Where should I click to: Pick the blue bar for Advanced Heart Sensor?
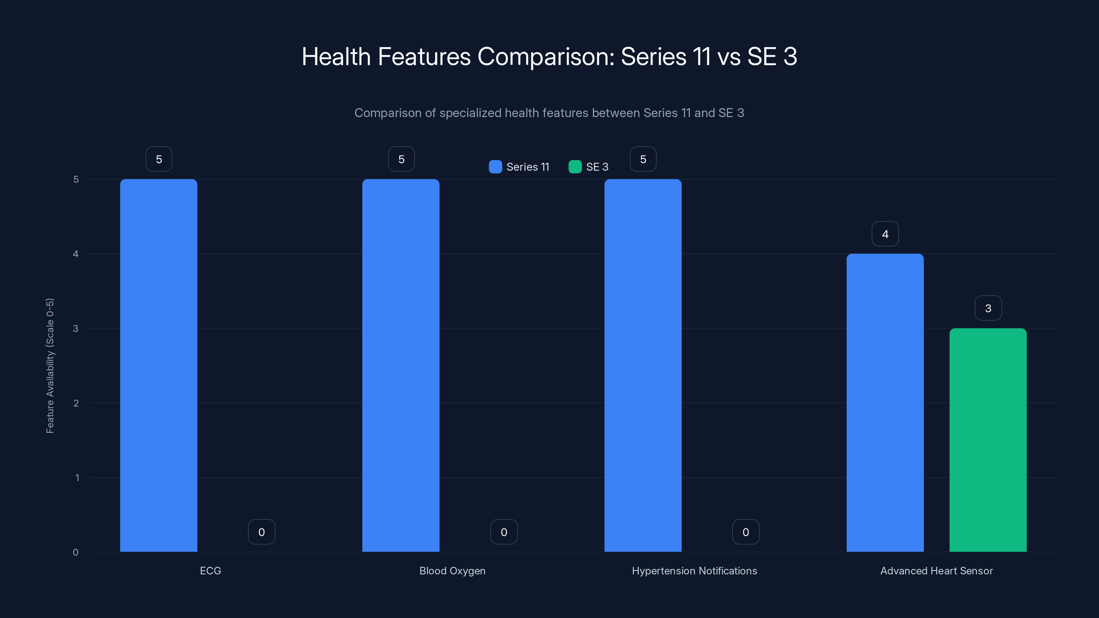click(x=885, y=403)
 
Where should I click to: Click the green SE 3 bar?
click(x=988, y=440)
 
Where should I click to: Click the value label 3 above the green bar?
click(x=988, y=308)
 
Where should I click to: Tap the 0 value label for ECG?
click(x=261, y=532)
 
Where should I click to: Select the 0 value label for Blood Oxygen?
click(x=504, y=532)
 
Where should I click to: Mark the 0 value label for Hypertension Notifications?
click(x=746, y=532)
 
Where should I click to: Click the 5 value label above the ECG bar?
click(x=159, y=159)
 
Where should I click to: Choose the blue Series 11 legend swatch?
click(x=495, y=167)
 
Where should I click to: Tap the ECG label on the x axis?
click(x=210, y=571)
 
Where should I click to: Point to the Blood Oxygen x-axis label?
click(x=452, y=571)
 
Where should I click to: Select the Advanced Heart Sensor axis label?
click(x=937, y=571)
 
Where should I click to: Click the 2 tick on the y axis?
click(x=76, y=403)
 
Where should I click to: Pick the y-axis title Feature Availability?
click(x=50, y=366)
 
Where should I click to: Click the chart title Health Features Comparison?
click(x=549, y=56)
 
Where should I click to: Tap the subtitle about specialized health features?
click(x=549, y=113)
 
